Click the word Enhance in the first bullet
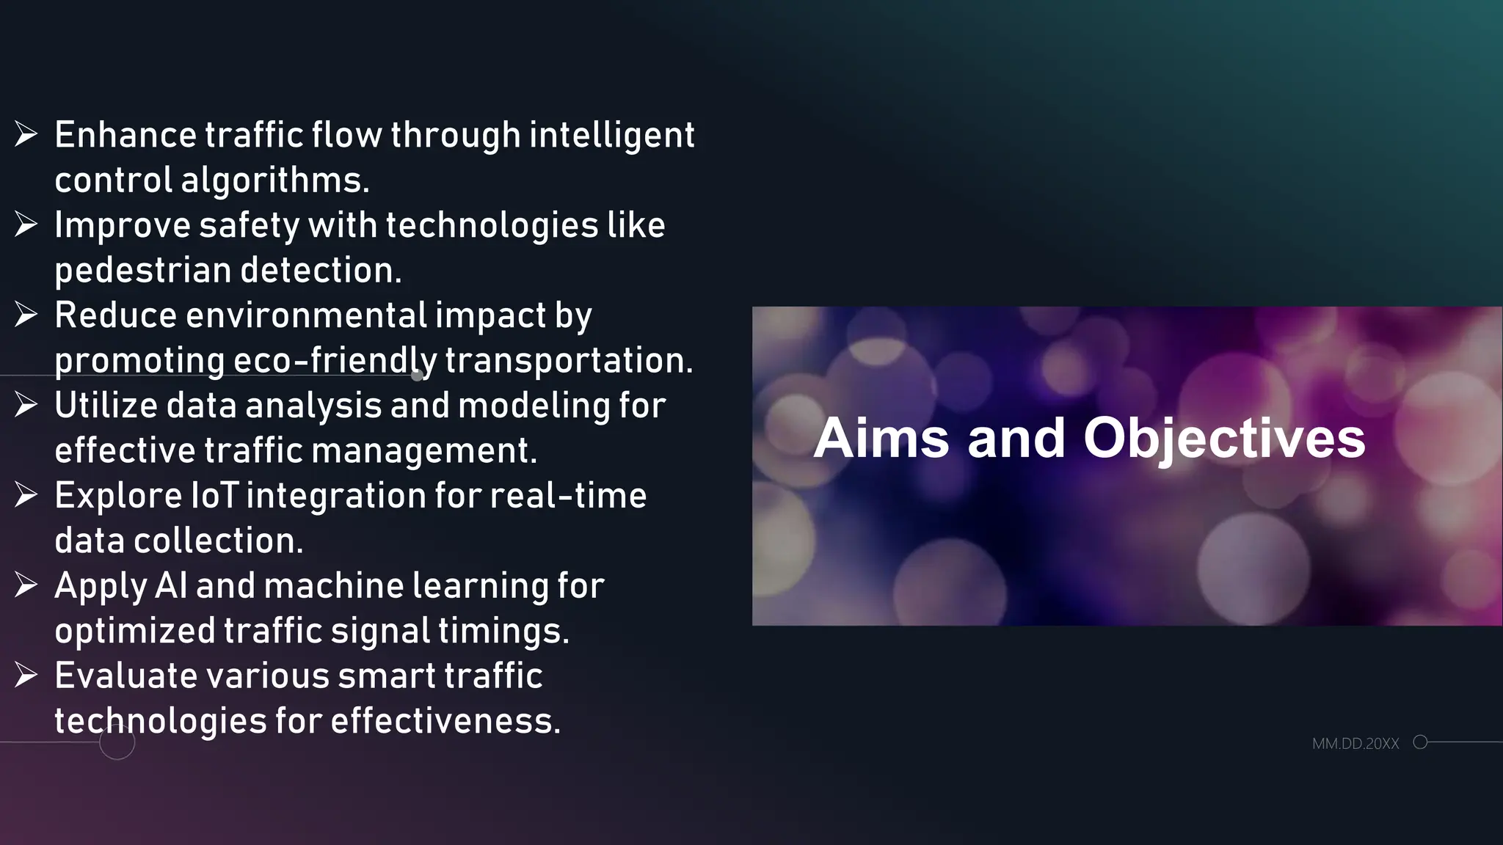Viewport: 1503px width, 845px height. (125, 136)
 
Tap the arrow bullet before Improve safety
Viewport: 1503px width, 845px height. (26, 224)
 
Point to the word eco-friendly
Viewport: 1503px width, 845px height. (335, 361)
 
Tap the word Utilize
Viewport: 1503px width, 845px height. (106, 406)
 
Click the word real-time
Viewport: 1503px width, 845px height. (568, 496)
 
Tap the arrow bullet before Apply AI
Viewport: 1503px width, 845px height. (26, 585)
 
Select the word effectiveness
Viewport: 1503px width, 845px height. (445, 721)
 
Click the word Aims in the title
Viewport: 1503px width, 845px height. (881, 439)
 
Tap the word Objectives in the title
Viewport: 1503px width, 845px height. (1224, 439)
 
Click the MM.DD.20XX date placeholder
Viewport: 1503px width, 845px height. (1355, 744)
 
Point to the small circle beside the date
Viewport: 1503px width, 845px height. (1420, 742)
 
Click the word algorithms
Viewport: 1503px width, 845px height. (274, 181)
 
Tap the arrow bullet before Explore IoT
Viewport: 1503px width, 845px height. (26, 495)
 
